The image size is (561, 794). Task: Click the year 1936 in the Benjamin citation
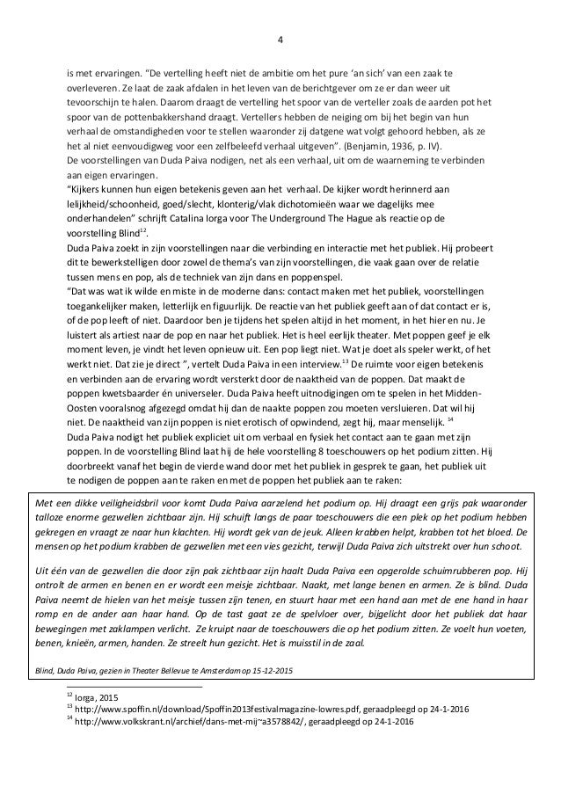(x=404, y=145)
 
